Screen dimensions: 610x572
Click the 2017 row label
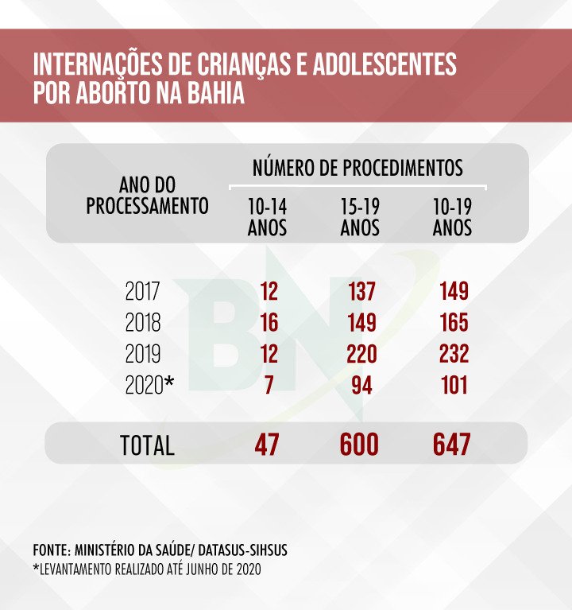143,292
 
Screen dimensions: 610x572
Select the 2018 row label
143,324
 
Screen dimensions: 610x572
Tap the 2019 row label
143,355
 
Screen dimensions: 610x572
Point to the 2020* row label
149,387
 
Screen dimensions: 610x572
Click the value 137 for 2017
361,292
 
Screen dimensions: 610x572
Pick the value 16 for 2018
269,324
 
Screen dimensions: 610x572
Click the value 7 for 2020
269,387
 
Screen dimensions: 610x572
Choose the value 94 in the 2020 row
363,387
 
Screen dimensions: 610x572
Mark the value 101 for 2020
452,387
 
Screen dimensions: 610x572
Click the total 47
268,445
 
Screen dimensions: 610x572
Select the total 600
359,445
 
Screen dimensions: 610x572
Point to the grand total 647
451,445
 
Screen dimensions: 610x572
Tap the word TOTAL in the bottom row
147,445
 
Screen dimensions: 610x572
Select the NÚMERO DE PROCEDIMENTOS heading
357,169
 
